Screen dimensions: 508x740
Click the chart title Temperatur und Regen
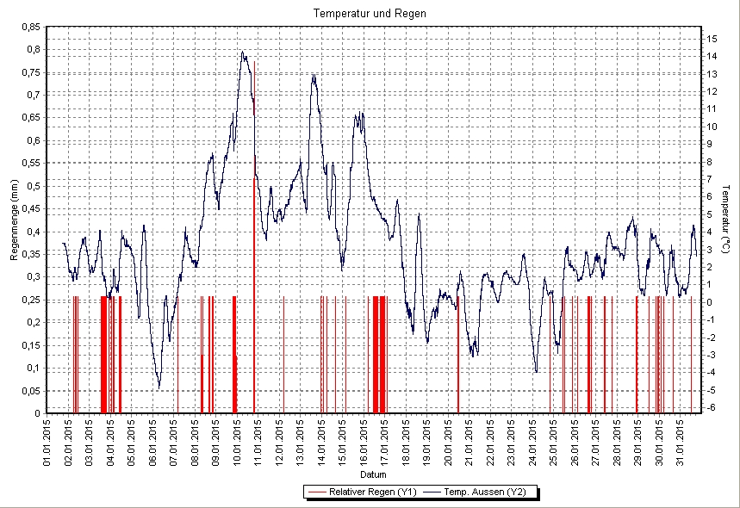tap(370, 14)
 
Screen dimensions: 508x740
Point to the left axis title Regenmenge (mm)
tap(14, 220)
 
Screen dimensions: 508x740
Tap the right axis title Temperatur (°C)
tap(726, 220)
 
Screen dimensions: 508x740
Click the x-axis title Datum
tap(373, 474)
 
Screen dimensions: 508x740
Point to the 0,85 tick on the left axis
tap(29, 27)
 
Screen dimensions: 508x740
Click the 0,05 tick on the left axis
tap(29, 390)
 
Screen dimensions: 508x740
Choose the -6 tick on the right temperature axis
tap(710, 407)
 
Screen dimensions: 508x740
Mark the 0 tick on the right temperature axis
tap(708, 302)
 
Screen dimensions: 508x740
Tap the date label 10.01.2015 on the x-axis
tap(238, 441)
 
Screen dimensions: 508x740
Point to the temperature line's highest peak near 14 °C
tap(243, 52)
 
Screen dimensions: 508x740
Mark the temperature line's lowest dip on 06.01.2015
tap(159, 388)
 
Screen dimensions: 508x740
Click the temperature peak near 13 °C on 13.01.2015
tap(314, 75)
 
